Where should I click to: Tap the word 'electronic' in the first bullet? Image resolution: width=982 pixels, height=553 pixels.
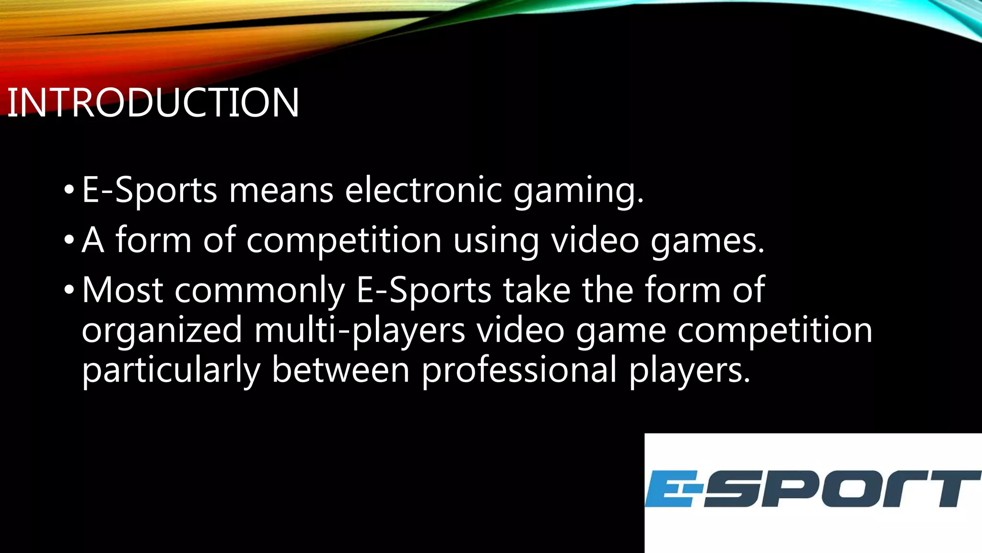click(x=423, y=190)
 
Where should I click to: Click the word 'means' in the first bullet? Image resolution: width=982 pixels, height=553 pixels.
click(x=281, y=190)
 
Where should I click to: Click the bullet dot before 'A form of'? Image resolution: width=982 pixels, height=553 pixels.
click(x=69, y=239)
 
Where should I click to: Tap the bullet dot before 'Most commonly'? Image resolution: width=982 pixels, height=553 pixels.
click(x=69, y=289)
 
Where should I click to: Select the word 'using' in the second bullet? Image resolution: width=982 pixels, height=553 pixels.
click(x=496, y=240)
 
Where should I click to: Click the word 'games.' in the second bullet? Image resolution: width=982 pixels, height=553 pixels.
click(x=707, y=240)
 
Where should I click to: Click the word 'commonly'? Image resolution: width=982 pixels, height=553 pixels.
click(x=259, y=291)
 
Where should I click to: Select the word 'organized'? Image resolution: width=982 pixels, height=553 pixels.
click(x=162, y=331)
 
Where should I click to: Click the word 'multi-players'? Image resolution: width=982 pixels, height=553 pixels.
click(x=360, y=331)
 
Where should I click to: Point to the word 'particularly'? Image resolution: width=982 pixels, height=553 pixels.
click(x=171, y=371)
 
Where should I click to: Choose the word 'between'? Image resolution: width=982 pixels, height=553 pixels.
click(x=340, y=370)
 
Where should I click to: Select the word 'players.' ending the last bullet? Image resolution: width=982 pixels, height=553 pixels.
click(x=689, y=371)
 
